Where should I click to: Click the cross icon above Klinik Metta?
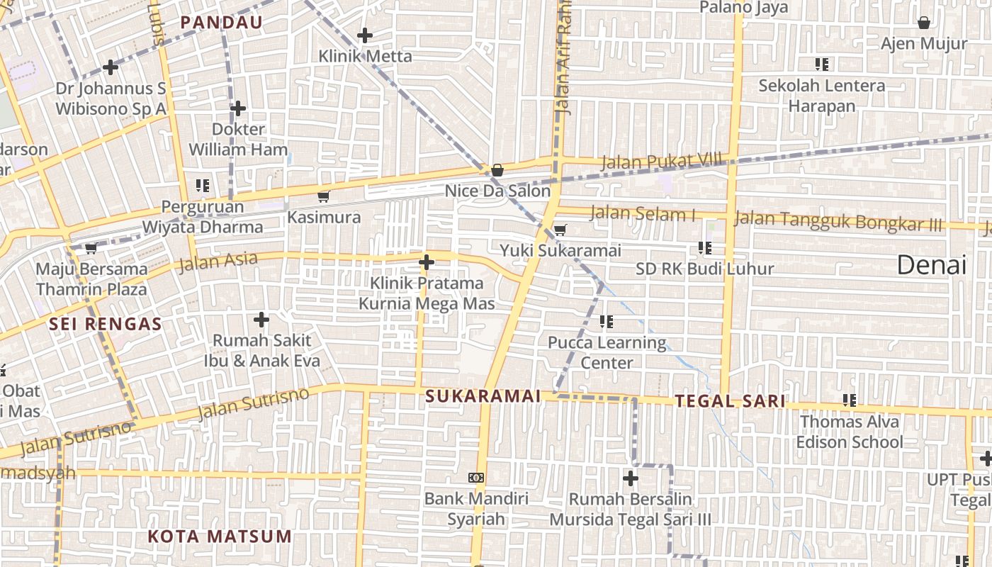pyautogui.click(x=365, y=35)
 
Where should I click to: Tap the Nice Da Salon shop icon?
pyautogui.click(x=497, y=170)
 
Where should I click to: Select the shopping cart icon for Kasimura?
pyautogui.click(x=324, y=196)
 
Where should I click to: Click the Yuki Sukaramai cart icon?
pyautogui.click(x=560, y=229)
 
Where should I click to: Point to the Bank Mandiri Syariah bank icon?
pyautogui.click(x=476, y=478)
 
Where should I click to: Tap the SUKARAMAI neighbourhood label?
pyautogui.click(x=483, y=396)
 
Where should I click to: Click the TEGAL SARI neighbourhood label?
pyautogui.click(x=730, y=401)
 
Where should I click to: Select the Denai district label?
pyautogui.click(x=931, y=265)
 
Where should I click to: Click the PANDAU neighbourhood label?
pyautogui.click(x=221, y=22)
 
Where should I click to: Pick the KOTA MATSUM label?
pyautogui.click(x=220, y=536)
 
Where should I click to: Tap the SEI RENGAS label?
pyautogui.click(x=106, y=325)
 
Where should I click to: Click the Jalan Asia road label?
pyautogui.click(x=218, y=262)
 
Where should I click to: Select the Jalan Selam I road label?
pyautogui.click(x=642, y=213)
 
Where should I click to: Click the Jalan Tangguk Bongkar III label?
pyautogui.click(x=838, y=220)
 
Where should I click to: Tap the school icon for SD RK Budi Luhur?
pyautogui.click(x=704, y=247)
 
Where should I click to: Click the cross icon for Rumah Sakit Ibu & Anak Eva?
pyautogui.click(x=261, y=320)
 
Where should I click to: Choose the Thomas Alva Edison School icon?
pyautogui.click(x=850, y=400)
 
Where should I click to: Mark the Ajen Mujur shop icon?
pyautogui.click(x=924, y=23)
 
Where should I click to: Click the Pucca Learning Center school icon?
pyautogui.click(x=606, y=322)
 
